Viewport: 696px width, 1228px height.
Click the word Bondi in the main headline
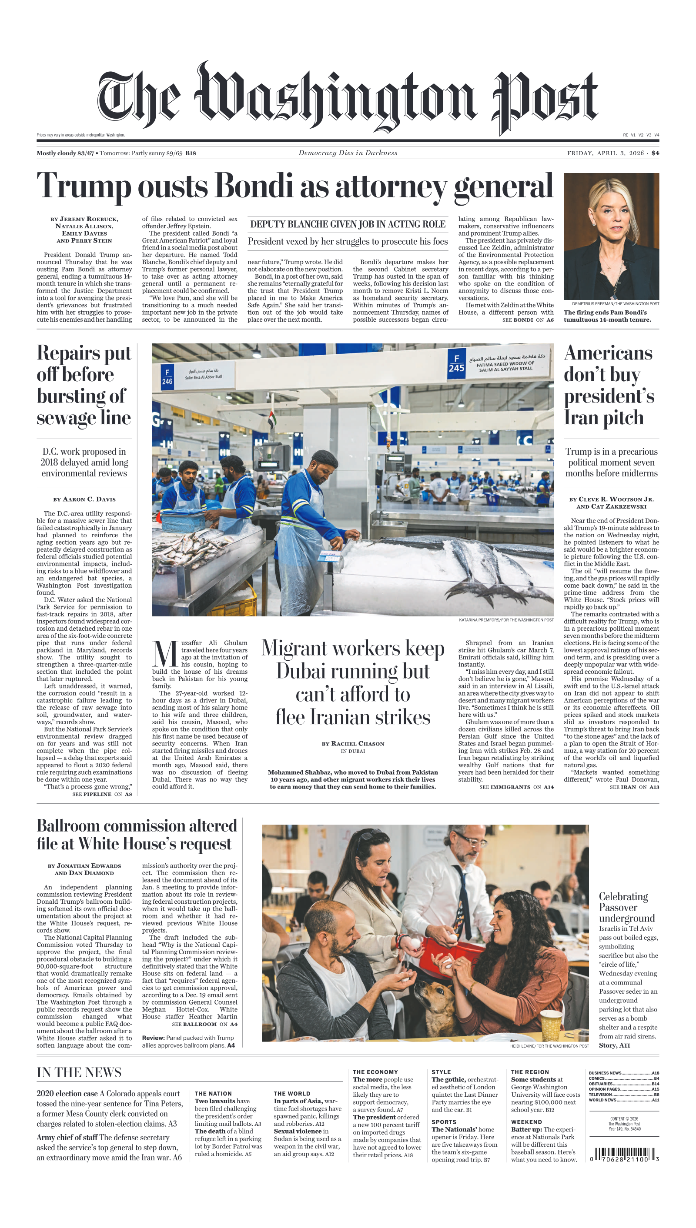click(253, 185)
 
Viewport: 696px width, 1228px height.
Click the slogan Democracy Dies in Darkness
click(348, 153)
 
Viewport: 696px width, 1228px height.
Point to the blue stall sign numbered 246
click(167, 377)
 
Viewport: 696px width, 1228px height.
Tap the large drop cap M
click(165, 655)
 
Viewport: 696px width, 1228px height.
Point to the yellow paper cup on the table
click(552, 1025)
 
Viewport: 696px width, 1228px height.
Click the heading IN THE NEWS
click(79, 1072)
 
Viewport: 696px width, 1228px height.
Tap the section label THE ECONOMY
click(375, 1072)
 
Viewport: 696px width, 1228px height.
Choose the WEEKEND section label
click(526, 1122)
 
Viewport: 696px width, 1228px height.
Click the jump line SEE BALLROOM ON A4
click(204, 1024)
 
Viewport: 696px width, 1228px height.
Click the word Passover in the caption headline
click(618, 907)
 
